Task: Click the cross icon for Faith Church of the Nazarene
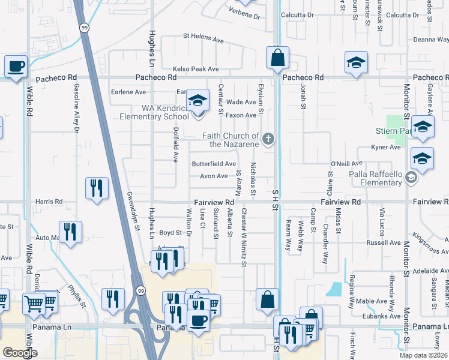tap(268, 140)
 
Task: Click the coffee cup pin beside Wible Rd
tap(16, 67)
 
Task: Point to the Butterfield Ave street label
tap(213, 164)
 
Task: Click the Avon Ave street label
tap(214, 176)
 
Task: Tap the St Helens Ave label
tap(203, 37)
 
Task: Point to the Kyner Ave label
tap(386, 147)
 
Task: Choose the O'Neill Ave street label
tap(347, 163)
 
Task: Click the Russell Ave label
tap(384, 243)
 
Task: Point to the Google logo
tap(19, 352)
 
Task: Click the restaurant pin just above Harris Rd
tap(96, 188)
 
